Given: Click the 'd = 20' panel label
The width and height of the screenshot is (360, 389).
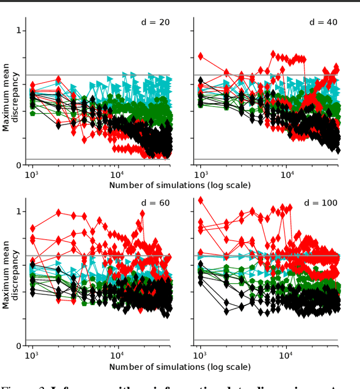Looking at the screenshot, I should (155, 23).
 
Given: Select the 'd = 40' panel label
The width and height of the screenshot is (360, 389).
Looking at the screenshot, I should (323, 23).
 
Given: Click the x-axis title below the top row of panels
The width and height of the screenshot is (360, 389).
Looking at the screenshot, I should (180, 185).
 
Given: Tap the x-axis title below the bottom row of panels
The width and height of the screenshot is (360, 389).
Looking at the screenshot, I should (180, 367).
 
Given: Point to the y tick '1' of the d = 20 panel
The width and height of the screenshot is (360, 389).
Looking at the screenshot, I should (19, 30).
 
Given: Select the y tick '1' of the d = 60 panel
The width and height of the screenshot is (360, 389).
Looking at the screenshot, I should (19, 212).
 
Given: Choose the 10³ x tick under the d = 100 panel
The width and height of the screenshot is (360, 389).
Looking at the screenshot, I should (200, 356).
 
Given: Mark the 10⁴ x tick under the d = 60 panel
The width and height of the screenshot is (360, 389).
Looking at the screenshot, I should (118, 356).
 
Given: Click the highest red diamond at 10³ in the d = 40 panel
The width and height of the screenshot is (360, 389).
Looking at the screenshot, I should (201, 56).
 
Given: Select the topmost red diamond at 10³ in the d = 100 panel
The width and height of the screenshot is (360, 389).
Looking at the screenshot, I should (201, 200).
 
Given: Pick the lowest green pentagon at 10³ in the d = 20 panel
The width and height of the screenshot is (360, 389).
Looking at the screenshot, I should (33, 113).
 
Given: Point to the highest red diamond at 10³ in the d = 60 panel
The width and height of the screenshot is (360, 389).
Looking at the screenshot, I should (33, 228).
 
